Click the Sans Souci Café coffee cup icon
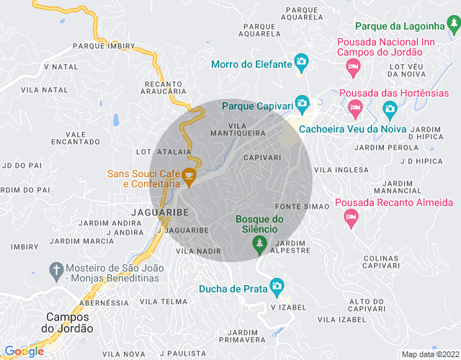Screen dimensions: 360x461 (x=189, y=176)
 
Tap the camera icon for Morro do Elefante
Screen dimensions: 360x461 (x=302, y=63)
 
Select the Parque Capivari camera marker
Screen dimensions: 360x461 (x=302, y=105)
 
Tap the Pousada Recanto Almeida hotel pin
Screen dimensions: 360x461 (x=351, y=218)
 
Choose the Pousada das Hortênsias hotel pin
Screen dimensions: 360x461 (x=354, y=109)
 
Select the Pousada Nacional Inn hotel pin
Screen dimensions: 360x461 (x=353, y=68)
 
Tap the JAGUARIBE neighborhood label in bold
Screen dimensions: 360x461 (x=160, y=212)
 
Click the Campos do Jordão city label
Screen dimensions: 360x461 (x=69, y=322)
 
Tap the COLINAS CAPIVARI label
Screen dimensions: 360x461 (x=371, y=262)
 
